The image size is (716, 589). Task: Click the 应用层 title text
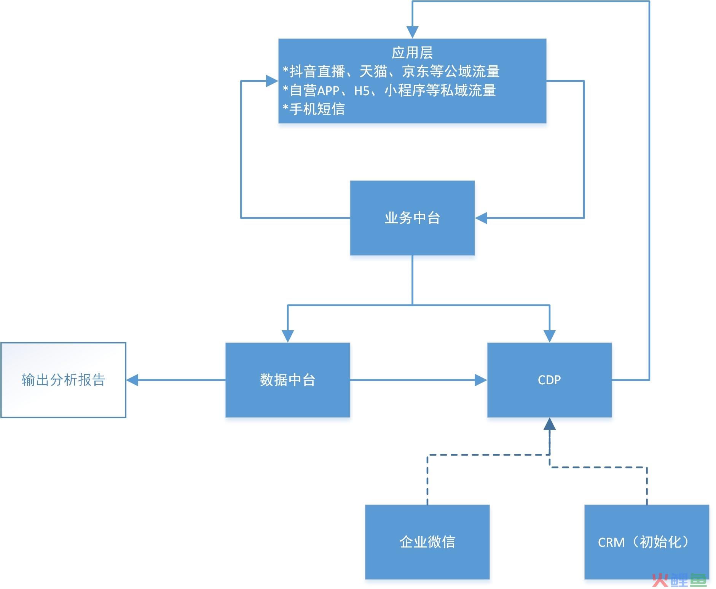click(x=412, y=53)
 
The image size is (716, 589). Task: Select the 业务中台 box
click(x=412, y=218)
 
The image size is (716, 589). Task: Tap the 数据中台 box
click(x=287, y=380)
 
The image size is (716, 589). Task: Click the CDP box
click(x=549, y=380)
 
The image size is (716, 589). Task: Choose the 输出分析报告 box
click(x=63, y=380)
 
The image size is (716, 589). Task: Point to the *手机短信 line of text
click(x=314, y=109)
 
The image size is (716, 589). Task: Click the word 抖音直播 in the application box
click(x=317, y=72)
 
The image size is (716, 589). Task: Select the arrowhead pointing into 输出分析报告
click(x=132, y=380)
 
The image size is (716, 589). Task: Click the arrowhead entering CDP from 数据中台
click(x=481, y=380)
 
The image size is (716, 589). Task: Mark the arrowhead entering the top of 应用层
click(x=412, y=33)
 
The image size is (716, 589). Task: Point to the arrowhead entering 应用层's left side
click(x=272, y=81)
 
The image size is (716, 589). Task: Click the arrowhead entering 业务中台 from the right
click(x=481, y=218)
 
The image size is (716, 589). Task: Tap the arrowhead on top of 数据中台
click(x=288, y=337)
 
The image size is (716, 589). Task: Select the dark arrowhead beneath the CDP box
click(x=549, y=424)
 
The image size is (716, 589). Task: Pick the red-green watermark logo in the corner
click(x=679, y=579)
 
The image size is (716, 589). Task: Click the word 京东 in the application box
click(x=416, y=72)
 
